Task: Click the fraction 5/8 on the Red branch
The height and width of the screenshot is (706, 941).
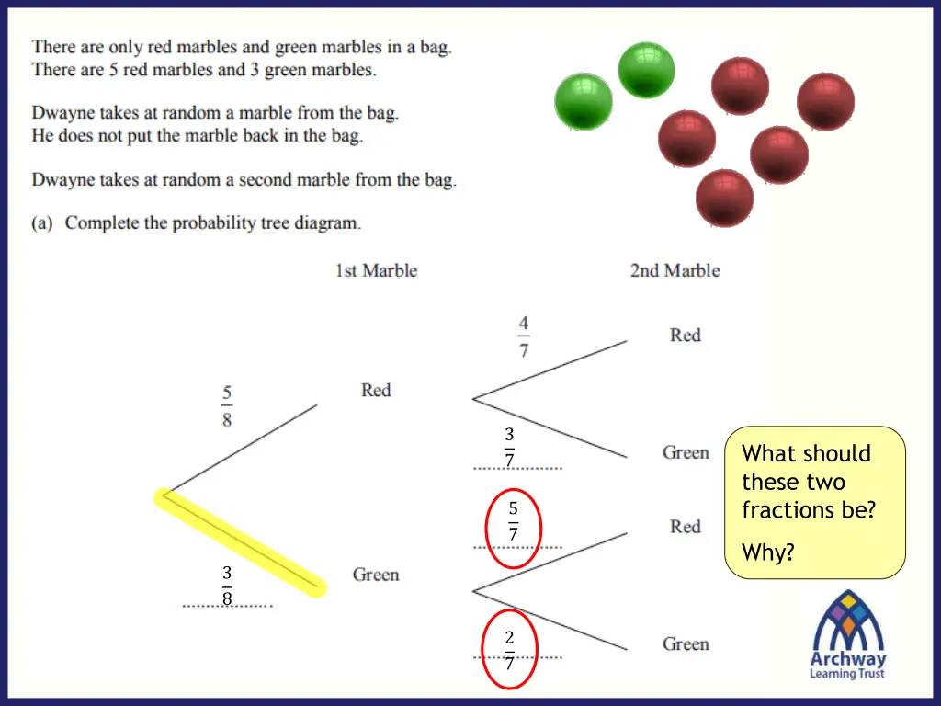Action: coord(226,406)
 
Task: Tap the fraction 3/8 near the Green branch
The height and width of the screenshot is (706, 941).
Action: coord(226,586)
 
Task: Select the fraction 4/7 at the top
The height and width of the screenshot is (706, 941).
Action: coord(523,336)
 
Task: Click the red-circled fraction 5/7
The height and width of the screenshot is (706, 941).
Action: coord(513,521)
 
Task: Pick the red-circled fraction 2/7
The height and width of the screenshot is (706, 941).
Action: coord(509,651)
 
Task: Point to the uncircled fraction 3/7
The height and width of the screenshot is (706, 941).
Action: coord(509,447)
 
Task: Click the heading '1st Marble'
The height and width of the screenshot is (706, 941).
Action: coord(376,270)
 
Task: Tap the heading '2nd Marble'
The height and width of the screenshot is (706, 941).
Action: coord(675,270)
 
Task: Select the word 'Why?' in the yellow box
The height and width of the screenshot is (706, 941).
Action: coord(767,552)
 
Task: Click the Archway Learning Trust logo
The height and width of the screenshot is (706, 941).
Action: coord(847,635)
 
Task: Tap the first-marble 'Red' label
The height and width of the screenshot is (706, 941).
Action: coord(376,391)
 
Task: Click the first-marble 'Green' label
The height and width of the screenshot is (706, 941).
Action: coord(376,575)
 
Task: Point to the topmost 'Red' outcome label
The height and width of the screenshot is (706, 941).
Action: coord(685,336)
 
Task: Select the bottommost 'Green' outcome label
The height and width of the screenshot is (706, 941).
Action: coord(686,643)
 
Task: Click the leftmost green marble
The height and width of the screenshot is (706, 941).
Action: coord(584,101)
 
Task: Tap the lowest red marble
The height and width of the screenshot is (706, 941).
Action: coord(724,198)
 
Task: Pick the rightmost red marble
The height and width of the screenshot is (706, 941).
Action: coord(825,101)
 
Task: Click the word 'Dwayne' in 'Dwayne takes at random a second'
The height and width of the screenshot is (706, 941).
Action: coord(61,180)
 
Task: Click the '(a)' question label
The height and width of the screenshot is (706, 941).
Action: coord(42,222)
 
